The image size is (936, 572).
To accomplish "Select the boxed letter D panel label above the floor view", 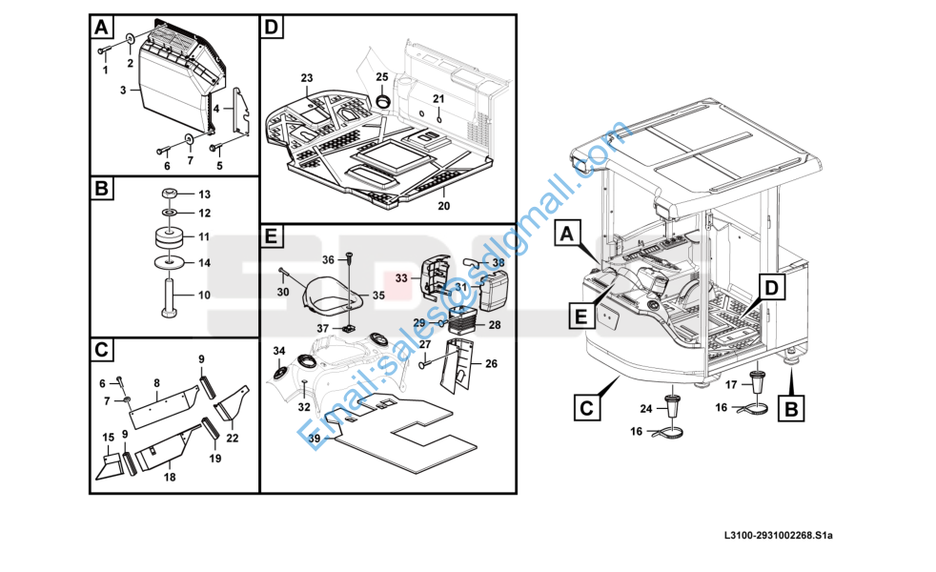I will point(271,29).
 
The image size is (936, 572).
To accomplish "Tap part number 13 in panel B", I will point(204,194).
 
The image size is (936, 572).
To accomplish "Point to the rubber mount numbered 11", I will point(168,236).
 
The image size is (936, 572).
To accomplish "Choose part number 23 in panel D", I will point(306,77).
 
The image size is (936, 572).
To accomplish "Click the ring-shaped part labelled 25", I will point(382,101).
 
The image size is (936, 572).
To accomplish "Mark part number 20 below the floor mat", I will point(443,206).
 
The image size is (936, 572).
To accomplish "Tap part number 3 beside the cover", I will point(123,90).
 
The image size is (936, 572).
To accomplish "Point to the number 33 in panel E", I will point(401,278).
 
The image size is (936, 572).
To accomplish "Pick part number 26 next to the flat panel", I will point(492,363).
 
